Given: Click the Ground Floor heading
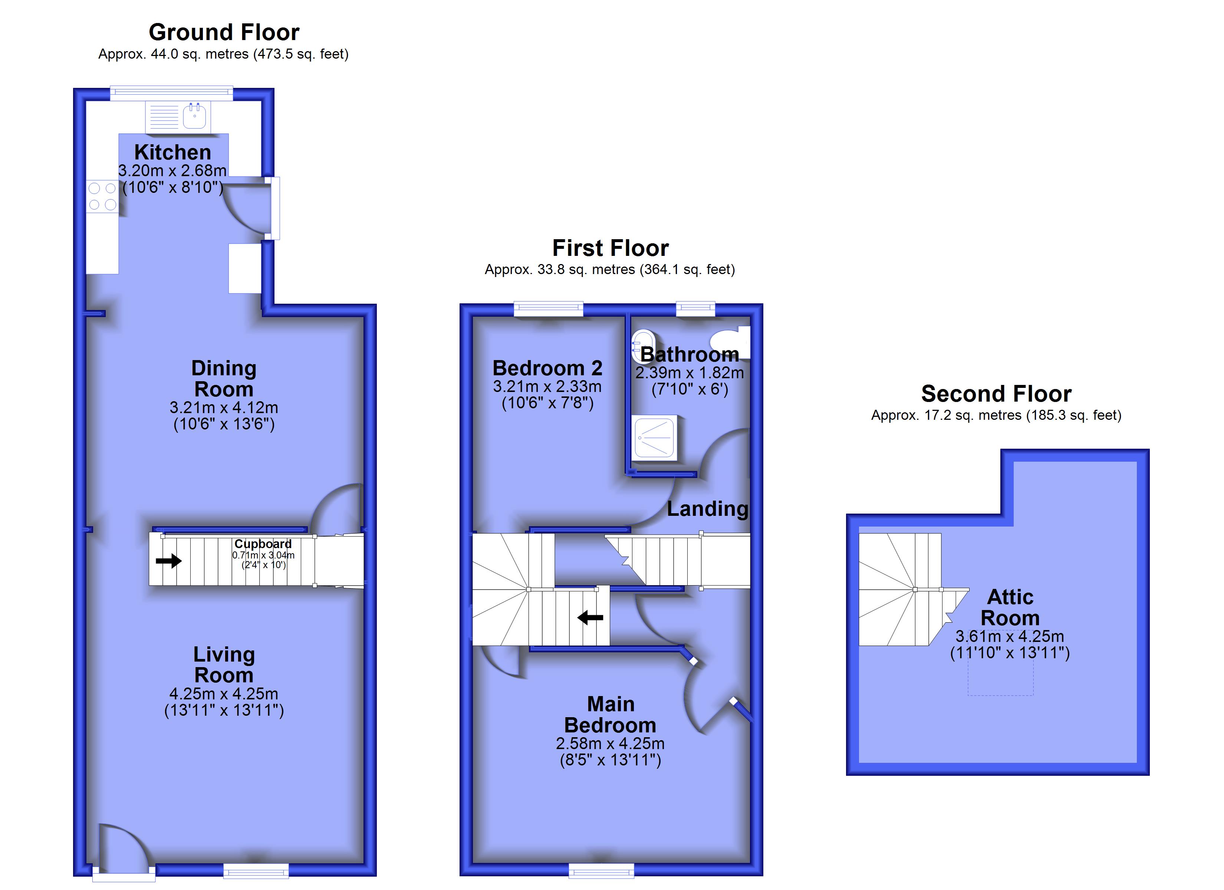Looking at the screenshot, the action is tap(224, 32).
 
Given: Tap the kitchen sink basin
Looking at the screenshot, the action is tap(194, 116).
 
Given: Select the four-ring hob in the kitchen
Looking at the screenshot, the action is tap(102, 197).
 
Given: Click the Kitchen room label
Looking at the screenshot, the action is tap(173, 152).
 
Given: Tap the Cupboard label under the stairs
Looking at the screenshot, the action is tap(263, 544).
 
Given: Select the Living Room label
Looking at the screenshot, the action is tap(224, 665).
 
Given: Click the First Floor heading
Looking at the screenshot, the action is tap(611, 248).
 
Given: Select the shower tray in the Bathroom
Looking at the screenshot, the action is tap(654, 438).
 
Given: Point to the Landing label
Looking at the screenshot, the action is tap(708, 508).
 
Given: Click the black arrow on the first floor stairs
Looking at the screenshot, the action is tap(590, 617).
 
